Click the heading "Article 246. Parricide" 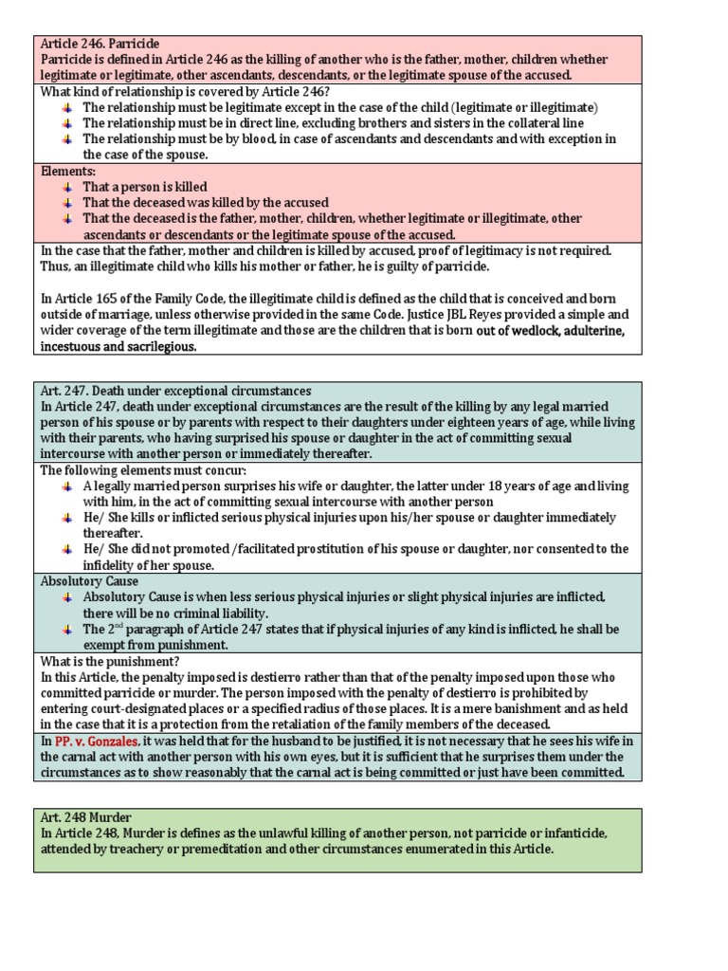[x=100, y=45]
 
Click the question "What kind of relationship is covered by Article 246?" [x=185, y=92]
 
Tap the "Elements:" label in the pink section [x=68, y=172]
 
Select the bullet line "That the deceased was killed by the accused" [x=206, y=203]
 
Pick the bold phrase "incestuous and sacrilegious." [x=118, y=347]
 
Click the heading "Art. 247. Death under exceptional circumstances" [x=175, y=391]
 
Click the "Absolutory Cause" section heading [x=89, y=581]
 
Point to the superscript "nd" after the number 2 [x=123, y=626]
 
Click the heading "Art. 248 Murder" [x=85, y=816]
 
